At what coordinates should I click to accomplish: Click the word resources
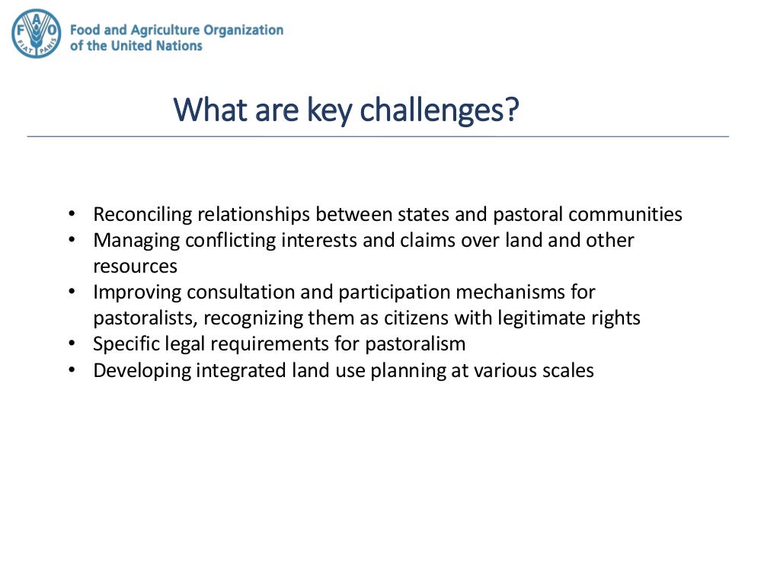pos(135,267)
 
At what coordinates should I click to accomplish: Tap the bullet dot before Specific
pos(72,344)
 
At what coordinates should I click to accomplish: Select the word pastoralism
pos(415,344)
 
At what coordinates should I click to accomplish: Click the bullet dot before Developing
pos(72,370)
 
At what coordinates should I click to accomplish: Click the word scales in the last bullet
pos(569,370)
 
